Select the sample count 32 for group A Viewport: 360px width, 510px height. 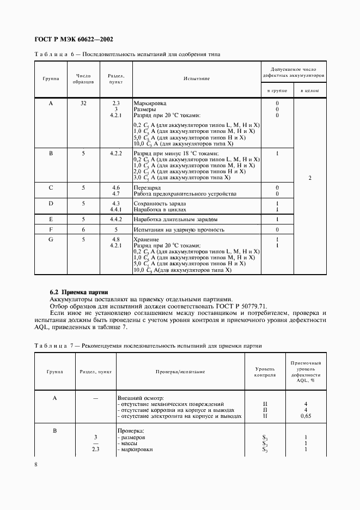coord(83,103)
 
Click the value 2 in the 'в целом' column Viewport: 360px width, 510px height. coord(309,178)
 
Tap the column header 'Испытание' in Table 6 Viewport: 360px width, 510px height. coord(197,78)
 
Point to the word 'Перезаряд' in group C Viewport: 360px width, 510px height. coord(148,187)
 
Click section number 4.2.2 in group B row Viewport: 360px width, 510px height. coord(115,154)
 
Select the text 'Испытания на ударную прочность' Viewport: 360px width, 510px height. coord(179,230)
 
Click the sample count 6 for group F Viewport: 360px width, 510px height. coord(83,230)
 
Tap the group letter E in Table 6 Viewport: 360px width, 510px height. coord(51,219)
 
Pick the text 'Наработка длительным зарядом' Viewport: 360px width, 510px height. coord(175,219)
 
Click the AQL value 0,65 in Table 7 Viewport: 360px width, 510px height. coord(306,416)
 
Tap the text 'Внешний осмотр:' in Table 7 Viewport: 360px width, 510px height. coord(141,398)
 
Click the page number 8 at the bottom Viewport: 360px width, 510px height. coord(35,464)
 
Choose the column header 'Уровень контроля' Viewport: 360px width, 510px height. coord(265,372)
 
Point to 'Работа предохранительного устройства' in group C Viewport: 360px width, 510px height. coord(185,193)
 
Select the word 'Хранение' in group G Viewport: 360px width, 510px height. coord(146,239)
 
